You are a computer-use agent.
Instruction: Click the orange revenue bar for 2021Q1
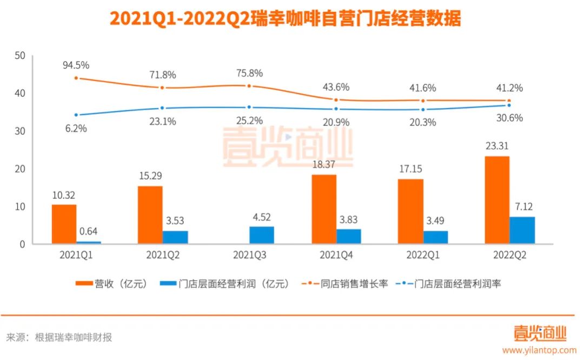click(64, 224)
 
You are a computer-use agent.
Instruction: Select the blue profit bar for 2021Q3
click(261, 235)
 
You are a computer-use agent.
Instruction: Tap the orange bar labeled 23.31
click(497, 200)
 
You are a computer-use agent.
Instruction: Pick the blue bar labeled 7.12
click(522, 230)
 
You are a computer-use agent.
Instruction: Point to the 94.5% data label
click(76, 65)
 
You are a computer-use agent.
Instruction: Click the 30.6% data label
click(509, 118)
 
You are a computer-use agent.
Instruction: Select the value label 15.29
click(150, 176)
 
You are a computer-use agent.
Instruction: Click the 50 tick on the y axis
click(20, 56)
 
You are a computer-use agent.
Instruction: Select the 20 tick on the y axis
click(20, 169)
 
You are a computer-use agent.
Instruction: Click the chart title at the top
click(286, 19)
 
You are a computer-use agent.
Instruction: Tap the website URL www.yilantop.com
click(539, 350)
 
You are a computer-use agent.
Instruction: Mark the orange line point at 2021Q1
click(76, 78)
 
